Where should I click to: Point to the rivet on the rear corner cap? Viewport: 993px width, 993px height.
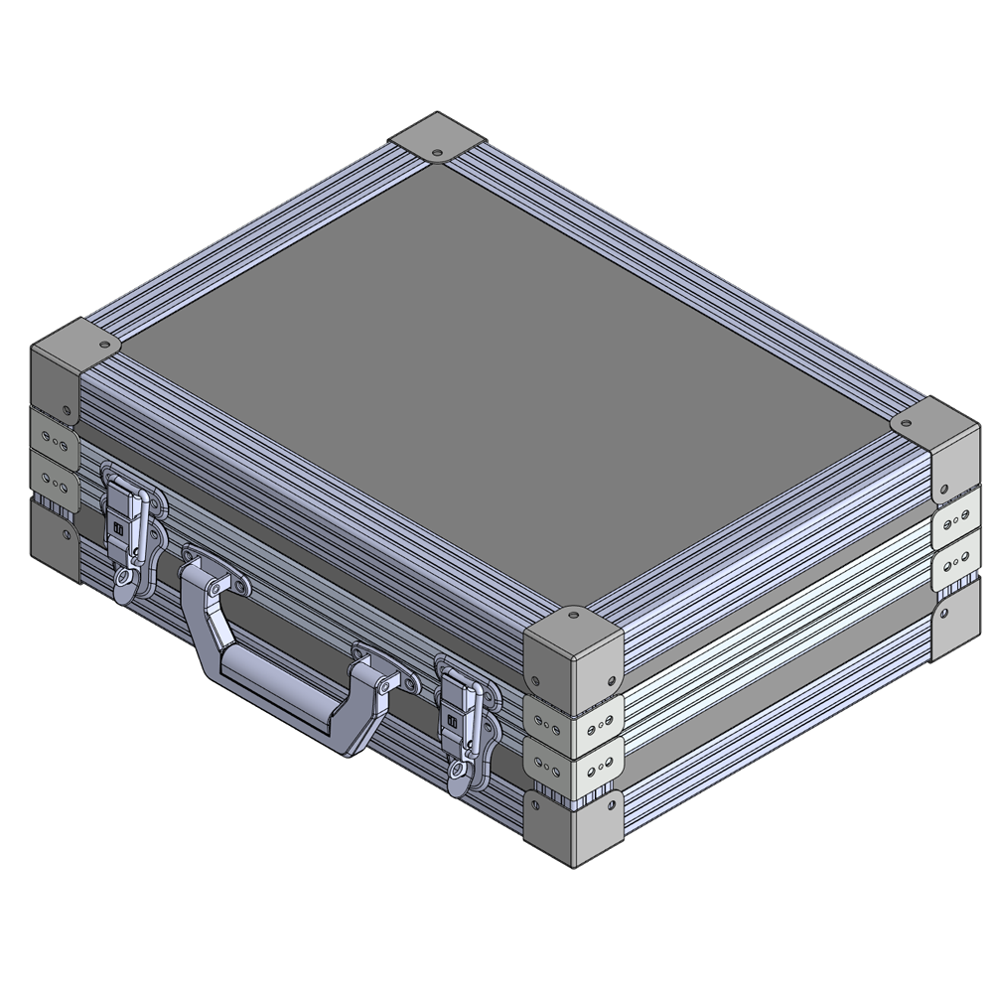click(x=437, y=153)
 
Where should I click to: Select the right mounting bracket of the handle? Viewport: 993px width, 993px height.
click(x=381, y=676)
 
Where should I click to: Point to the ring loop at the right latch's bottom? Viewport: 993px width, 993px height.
click(x=457, y=771)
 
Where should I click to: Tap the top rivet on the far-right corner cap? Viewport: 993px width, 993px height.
click(x=906, y=424)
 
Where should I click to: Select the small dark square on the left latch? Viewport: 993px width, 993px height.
click(x=117, y=529)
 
